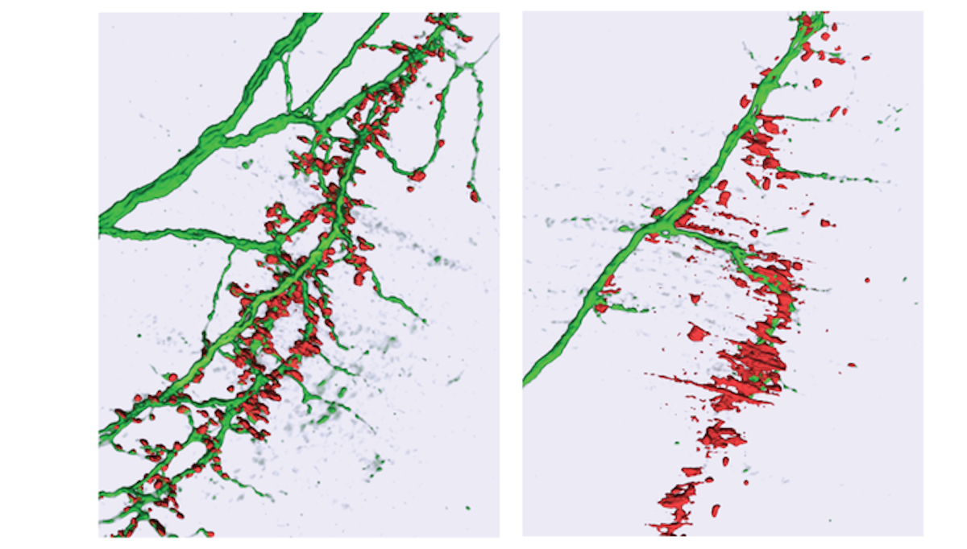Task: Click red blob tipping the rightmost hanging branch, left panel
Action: point(474,194)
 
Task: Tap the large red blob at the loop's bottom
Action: point(417,175)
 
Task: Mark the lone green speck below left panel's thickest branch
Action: point(246,165)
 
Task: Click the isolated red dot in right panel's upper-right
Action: point(866,58)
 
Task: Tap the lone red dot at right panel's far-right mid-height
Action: point(868,280)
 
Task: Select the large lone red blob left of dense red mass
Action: point(698,332)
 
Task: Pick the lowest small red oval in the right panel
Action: point(715,510)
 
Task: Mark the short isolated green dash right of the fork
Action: point(777,232)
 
